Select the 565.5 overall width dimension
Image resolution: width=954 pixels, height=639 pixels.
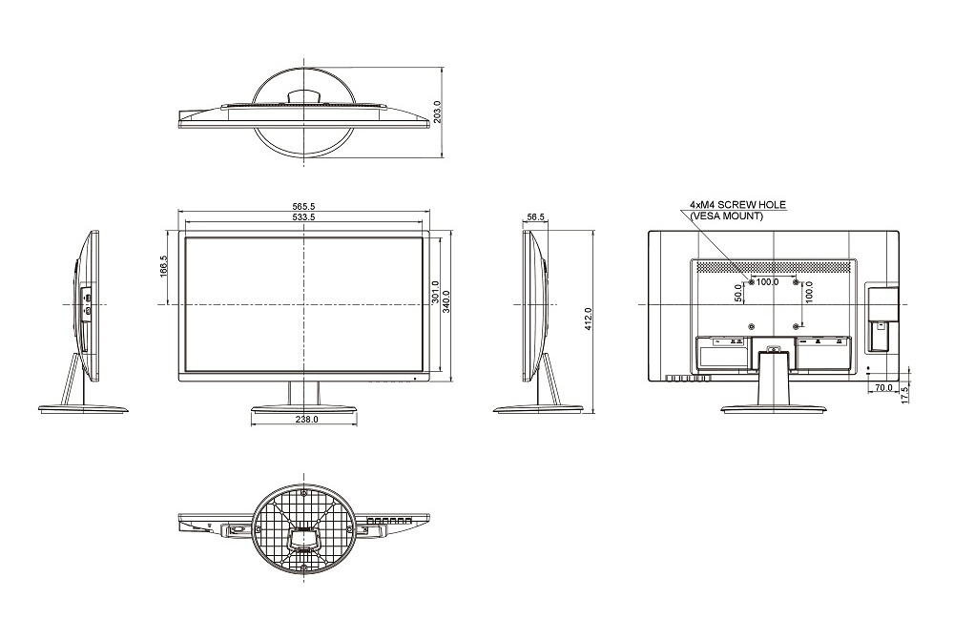pos(303,207)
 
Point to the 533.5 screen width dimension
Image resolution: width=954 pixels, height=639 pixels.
pos(303,217)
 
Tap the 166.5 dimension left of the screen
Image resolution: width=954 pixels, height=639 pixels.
pos(164,266)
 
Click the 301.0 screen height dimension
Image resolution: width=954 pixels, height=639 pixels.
pos(435,292)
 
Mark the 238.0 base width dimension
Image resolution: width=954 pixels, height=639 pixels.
pos(306,419)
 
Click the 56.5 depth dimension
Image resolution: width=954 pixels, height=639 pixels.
pos(536,217)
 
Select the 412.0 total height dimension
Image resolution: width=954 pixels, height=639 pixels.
pos(588,319)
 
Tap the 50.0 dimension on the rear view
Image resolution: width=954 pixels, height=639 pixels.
pos(738,293)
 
